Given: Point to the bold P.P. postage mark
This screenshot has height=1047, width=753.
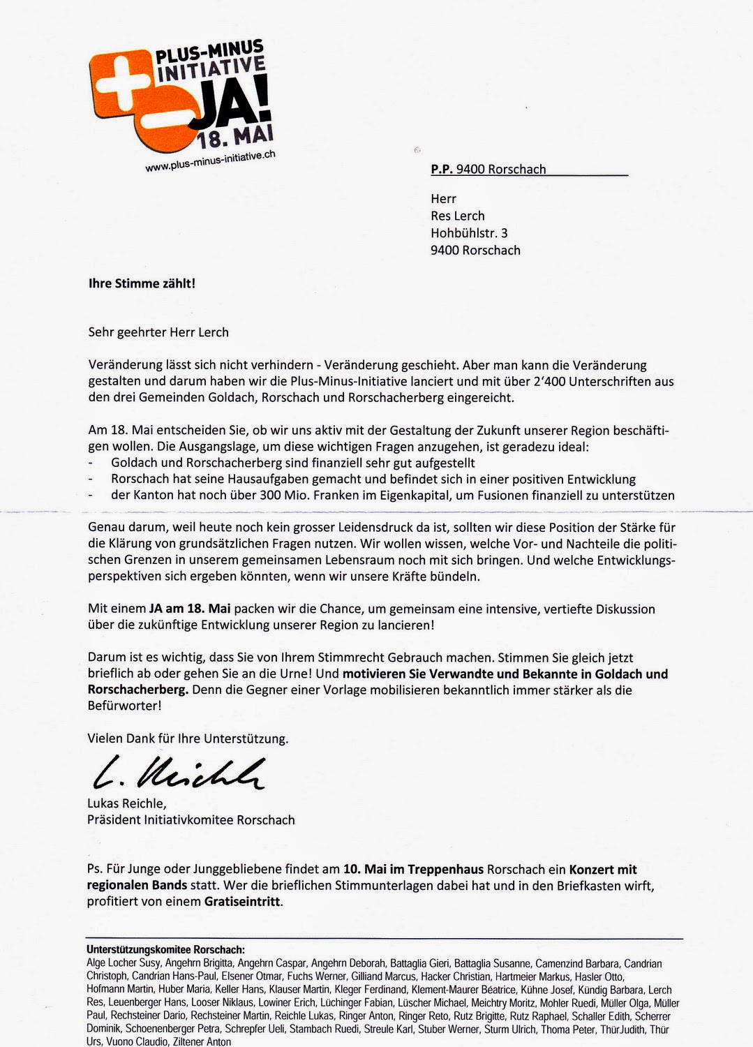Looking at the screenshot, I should point(442,169).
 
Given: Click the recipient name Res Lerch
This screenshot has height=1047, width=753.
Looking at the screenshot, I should point(457,216).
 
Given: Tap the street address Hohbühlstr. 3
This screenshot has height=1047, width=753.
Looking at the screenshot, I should point(469,233).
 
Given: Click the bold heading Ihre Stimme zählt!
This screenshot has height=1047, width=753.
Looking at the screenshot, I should point(142,283).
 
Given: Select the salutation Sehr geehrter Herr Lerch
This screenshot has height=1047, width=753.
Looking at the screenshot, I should point(158,332).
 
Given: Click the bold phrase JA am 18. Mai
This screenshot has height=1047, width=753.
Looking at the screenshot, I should point(190,609).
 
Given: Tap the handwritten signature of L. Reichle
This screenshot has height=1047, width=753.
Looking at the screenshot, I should point(179,773).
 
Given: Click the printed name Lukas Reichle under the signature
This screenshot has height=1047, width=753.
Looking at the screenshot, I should point(126,803).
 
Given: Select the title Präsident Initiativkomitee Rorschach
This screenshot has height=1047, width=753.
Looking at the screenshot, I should point(191,820).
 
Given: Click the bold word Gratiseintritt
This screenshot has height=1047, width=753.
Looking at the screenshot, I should point(243,901).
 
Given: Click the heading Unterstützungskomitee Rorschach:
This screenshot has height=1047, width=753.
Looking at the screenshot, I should point(165,950).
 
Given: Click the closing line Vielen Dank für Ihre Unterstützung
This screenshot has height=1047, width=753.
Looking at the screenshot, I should point(188,738).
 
